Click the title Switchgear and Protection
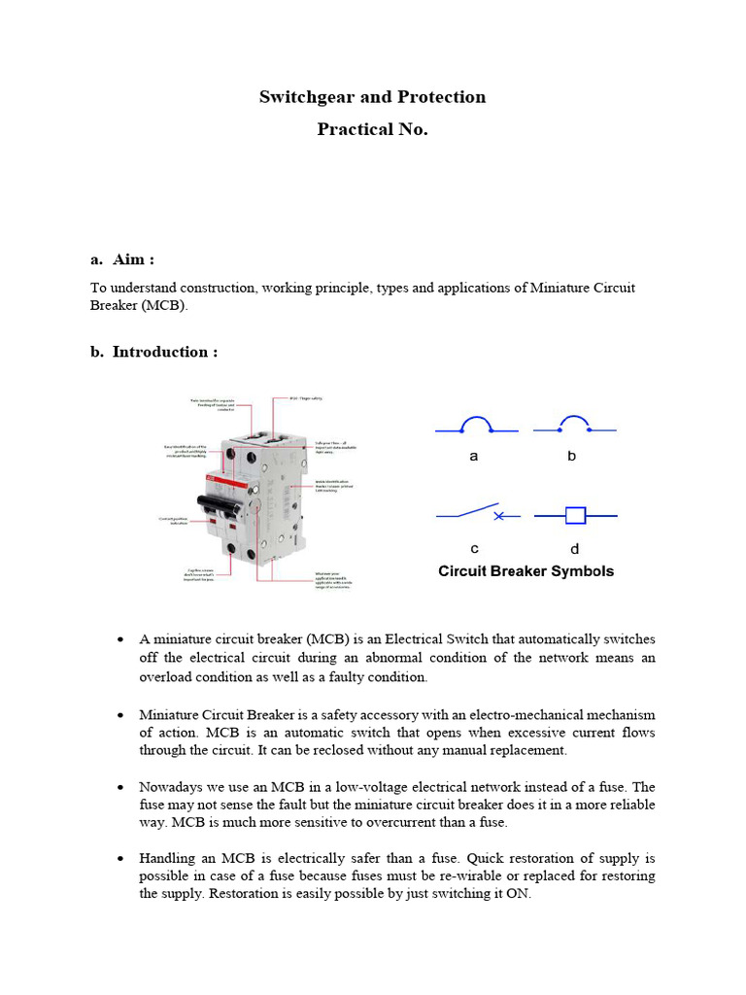click(x=372, y=97)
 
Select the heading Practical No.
click(x=372, y=129)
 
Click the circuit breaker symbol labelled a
click(x=475, y=426)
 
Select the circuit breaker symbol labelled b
click(x=574, y=426)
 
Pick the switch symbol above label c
click(x=476, y=513)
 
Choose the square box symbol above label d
click(x=575, y=514)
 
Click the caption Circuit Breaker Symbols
click(x=526, y=571)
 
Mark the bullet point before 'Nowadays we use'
click(x=119, y=787)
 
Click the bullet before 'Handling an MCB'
click(x=119, y=859)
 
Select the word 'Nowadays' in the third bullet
click(x=171, y=787)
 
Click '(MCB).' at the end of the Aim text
click(x=164, y=305)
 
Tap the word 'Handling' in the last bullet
click(x=167, y=859)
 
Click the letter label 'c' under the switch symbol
click(x=474, y=548)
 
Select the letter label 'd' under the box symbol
click(x=574, y=548)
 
